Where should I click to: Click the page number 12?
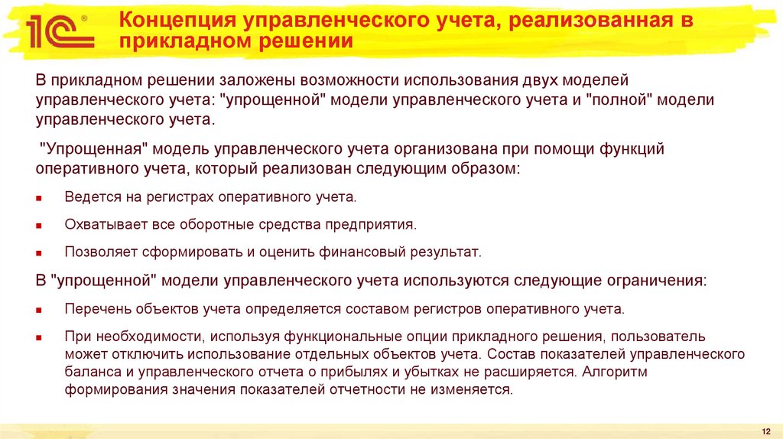(766, 432)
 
